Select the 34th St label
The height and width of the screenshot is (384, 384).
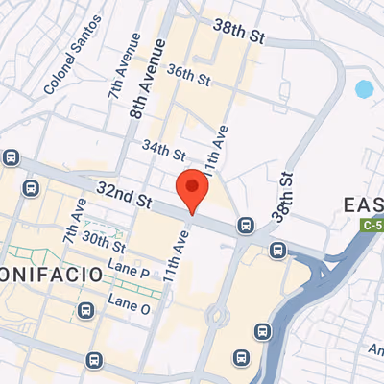tap(163, 151)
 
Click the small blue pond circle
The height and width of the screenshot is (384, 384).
tap(364, 90)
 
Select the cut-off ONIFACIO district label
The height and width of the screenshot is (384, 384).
tap(51, 274)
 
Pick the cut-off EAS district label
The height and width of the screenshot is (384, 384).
tap(365, 204)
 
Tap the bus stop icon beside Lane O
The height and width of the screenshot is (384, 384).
tap(86, 310)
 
